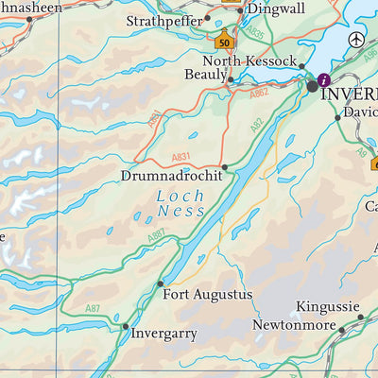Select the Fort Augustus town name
tap(208, 295)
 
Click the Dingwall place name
tap(276, 9)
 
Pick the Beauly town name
tap(205, 74)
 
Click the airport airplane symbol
tap(355, 40)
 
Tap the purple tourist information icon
tap(324, 79)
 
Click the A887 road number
tap(157, 233)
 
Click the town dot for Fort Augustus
tap(160, 283)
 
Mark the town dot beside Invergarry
tap(125, 326)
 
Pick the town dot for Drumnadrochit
tap(224, 167)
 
